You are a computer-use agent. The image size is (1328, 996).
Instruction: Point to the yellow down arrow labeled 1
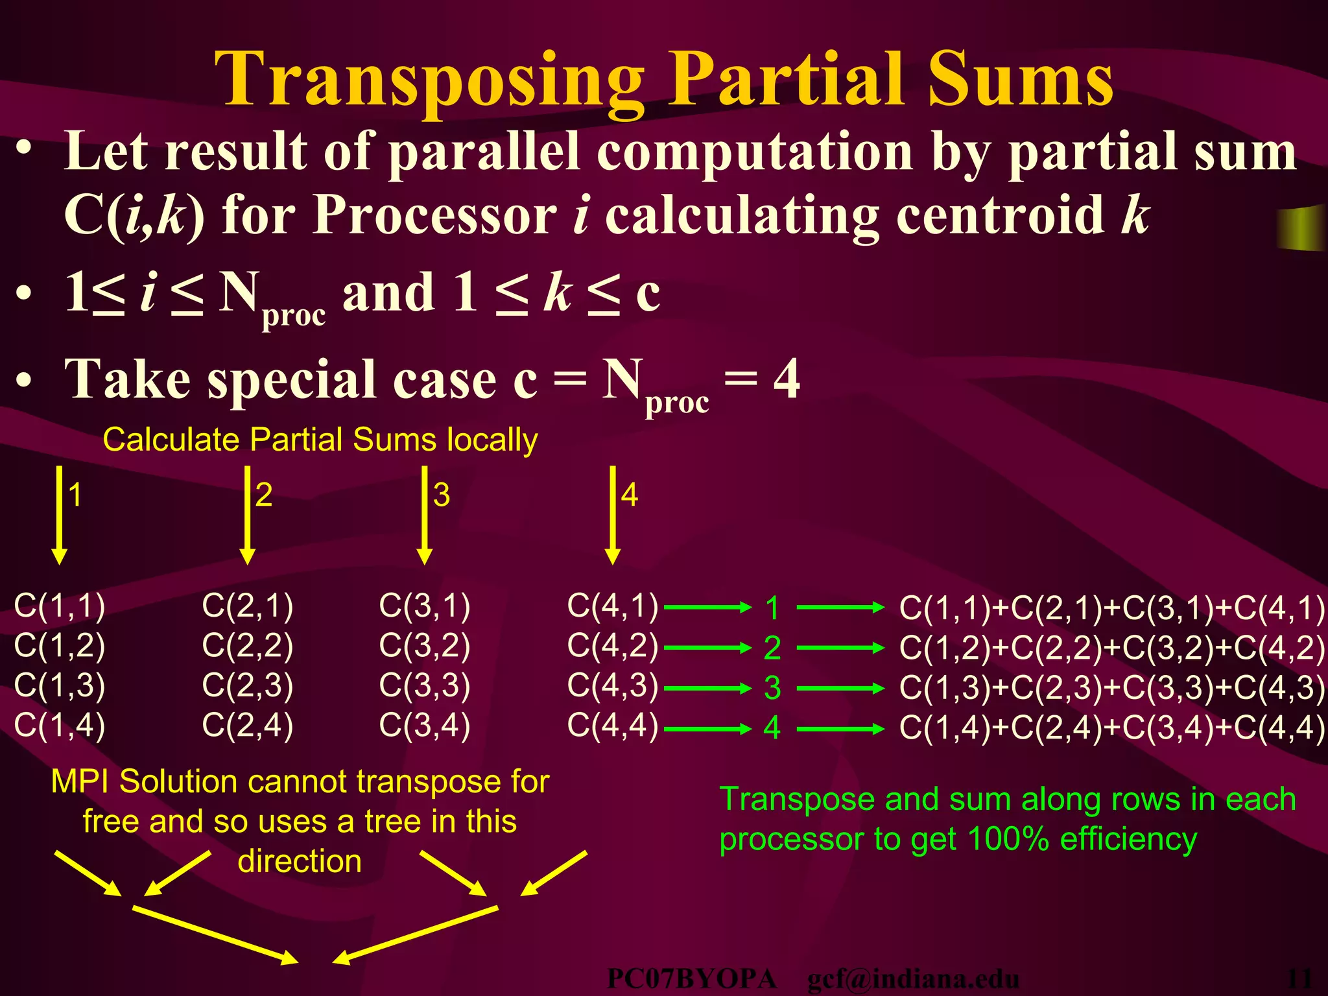point(59,516)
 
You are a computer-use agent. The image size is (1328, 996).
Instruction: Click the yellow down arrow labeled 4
point(613,516)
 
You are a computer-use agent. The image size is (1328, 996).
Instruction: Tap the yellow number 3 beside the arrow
point(442,495)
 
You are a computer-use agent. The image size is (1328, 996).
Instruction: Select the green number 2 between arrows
point(772,648)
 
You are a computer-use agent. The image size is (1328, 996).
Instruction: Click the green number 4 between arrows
point(772,728)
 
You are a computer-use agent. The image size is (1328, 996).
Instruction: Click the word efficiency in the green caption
point(1128,839)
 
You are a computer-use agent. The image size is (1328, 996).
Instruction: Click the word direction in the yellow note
point(300,861)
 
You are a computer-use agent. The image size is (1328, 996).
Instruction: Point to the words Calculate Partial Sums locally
point(320,440)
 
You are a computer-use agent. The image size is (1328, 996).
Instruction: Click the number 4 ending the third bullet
point(787,379)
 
